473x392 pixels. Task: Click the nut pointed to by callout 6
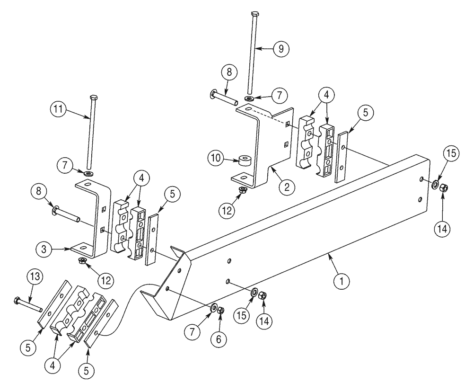pyautogui.click(x=220, y=311)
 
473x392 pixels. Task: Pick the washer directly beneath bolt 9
pyautogui.click(x=249, y=98)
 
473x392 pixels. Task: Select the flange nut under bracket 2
pyautogui.click(x=243, y=190)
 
